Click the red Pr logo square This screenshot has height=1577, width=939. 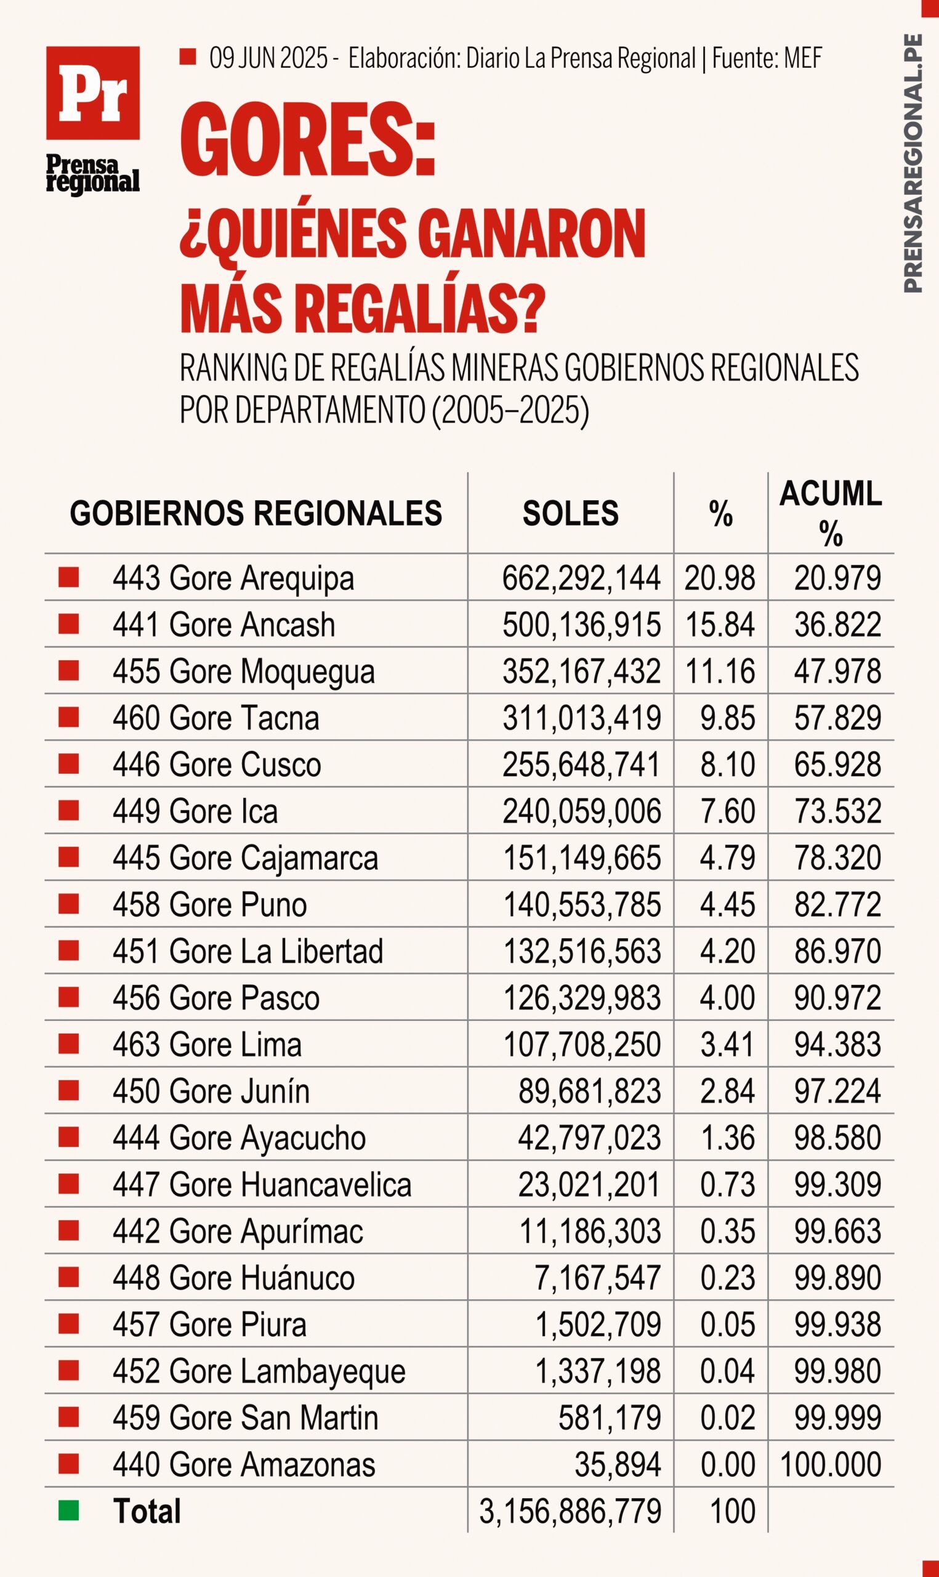click(92, 93)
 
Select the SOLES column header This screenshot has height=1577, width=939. click(570, 513)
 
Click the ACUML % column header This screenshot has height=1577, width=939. click(830, 514)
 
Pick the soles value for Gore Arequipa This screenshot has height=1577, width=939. click(581, 578)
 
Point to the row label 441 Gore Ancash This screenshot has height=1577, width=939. click(224, 625)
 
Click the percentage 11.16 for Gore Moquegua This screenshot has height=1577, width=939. click(720, 671)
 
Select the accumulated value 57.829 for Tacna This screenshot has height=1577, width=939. click(838, 718)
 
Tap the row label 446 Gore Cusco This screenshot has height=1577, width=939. click(217, 764)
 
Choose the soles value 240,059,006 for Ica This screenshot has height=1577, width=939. click(581, 811)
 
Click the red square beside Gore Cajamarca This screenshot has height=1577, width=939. click(68, 857)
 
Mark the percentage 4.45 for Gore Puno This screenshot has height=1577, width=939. click(727, 904)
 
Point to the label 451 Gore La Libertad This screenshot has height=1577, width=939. click(248, 951)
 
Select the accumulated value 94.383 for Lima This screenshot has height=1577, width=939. click(838, 1044)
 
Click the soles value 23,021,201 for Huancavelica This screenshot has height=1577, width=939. click(590, 1185)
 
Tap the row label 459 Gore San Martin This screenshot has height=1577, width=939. click(246, 1417)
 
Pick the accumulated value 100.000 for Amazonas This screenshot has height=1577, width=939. click(831, 1464)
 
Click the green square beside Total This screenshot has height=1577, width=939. click(68, 1510)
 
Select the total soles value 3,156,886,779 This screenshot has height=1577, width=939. click(570, 1511)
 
